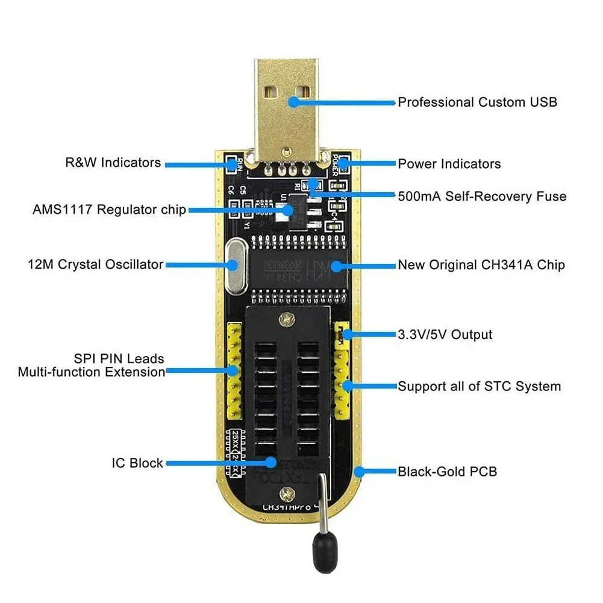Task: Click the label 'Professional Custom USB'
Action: (477, 102)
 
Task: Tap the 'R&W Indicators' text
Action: (113, 163)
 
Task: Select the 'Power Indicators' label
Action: (449, 164)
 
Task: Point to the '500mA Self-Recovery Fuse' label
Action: (482, 196)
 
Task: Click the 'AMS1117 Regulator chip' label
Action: (109, 210)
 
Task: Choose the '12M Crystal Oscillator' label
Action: (95, 264)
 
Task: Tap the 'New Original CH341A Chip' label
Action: (481, 265)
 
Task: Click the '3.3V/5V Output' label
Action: (445, 335)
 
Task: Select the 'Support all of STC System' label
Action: (479, 386)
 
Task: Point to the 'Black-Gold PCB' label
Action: (447, 472)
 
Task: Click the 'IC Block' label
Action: (137, 463)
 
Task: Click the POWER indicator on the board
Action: (341, 164)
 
